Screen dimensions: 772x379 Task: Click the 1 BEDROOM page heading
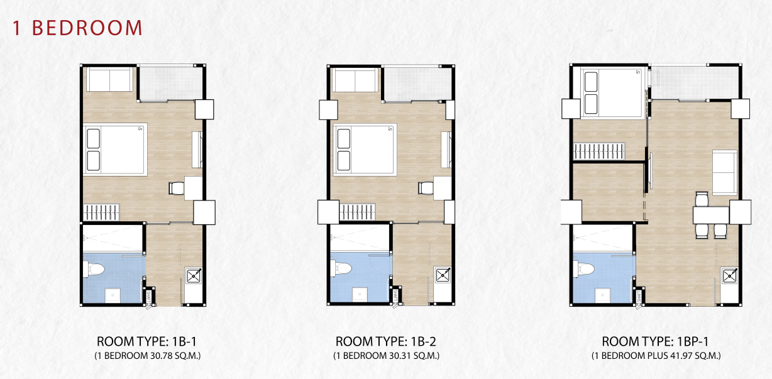point(77,28)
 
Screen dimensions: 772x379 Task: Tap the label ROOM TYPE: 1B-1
point(147,341)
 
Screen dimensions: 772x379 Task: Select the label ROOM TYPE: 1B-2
point(385,341)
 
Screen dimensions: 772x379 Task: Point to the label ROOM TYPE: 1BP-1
point(655,341)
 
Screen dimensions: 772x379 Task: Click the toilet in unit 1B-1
point(94,269)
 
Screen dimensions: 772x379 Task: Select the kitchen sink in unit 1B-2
point(442,275)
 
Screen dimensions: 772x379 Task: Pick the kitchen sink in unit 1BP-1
point(730,276)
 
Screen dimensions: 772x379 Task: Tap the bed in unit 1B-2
point(365,150)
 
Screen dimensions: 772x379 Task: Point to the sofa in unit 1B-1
point(109,79)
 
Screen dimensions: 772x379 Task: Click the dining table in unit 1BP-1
point(711,215)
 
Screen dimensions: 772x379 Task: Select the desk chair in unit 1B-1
point(177,188)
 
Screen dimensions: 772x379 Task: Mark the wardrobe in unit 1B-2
point(357,212)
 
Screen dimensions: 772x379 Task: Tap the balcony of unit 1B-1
point(170,83)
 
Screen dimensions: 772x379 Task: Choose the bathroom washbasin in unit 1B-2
point(360,295)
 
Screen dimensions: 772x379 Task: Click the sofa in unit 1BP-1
point(725,172)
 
